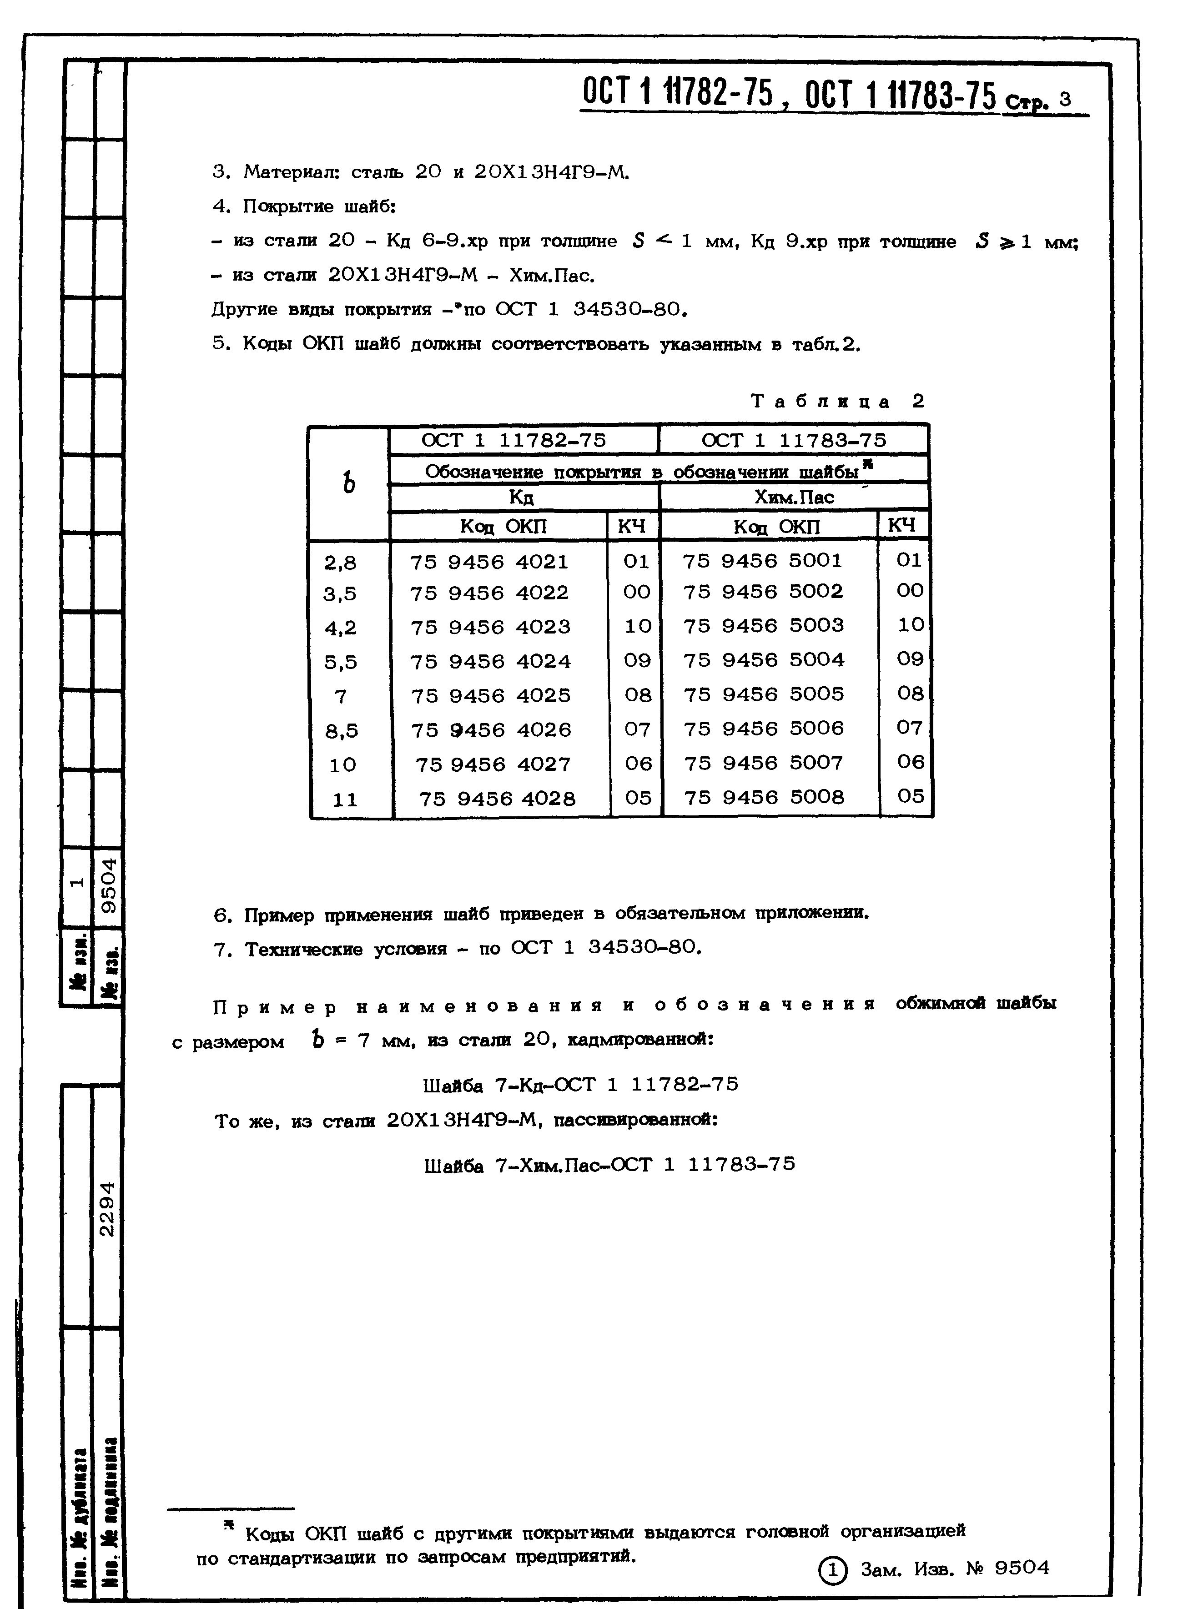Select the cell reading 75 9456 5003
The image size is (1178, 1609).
click(763, 625)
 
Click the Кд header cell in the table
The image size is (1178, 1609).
click(522, 497)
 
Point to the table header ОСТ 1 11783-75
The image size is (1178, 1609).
click(794, 440)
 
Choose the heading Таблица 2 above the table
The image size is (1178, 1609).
click(838, 402)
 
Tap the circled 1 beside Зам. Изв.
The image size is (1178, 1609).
click(833, 1569)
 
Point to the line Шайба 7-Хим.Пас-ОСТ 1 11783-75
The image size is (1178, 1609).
click(609, 1165)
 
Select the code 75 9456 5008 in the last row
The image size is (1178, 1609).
click(764, 797)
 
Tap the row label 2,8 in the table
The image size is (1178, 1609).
click(340, 563)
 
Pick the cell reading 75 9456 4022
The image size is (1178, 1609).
click(489, 593)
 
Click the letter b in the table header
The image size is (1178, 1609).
click(349, 483)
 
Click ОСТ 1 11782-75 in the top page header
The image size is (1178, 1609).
click(677, 93)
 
